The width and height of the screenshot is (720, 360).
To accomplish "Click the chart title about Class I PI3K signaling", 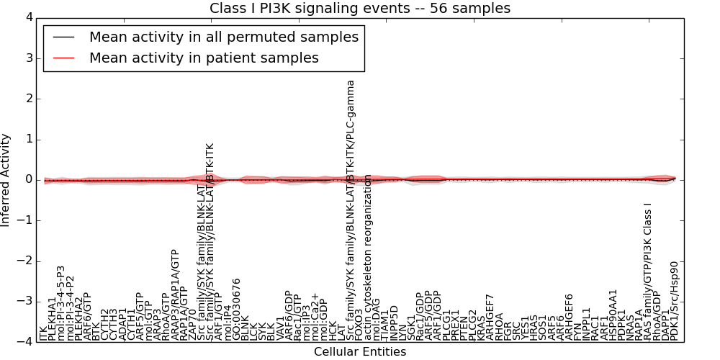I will click(x=360, y=8).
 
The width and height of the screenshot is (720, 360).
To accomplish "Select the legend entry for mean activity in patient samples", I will click(x=204, y=58).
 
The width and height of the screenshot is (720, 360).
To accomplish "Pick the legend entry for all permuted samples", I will click(x=223, y=37).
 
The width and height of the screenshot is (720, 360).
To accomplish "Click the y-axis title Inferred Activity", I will click(x=6, y=179).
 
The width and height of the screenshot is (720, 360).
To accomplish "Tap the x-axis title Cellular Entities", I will click(x=359, y=352).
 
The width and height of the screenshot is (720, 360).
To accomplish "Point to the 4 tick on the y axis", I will click(x=27, y=17).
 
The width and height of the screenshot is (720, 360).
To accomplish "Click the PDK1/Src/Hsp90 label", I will click(x=675, y=302).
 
